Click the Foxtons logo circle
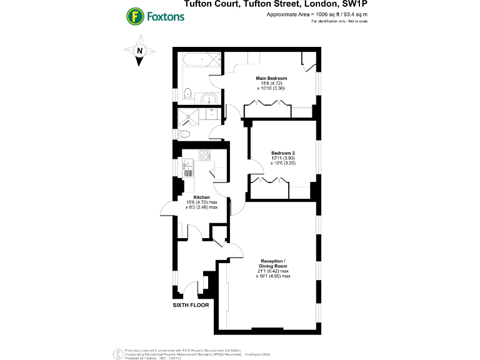(133, 16)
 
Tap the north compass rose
(140, 52)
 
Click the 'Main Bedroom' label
(272, 78)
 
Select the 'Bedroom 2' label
(282, 153)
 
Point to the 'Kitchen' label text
(202, 197)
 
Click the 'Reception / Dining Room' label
(277, 262)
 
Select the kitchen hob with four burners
(204, 156)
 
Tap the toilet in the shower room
(183, 134)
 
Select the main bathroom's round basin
(209, 97)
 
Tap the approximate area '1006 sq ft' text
(316, 14)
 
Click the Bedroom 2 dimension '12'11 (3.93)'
(283, 158)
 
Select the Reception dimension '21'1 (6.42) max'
(277, 271)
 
